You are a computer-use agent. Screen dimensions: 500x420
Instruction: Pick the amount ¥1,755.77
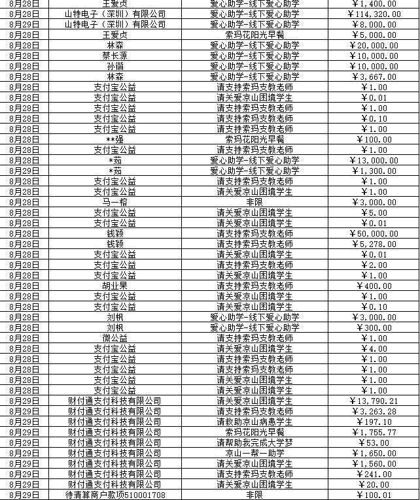coord(374,432)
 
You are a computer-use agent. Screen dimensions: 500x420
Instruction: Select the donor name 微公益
coord(114,338)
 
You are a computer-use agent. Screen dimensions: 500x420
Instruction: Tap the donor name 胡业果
coord(114,286)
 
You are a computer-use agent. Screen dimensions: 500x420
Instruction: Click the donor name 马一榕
coord(114,202)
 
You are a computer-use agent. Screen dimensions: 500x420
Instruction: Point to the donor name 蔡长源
coord(114,56)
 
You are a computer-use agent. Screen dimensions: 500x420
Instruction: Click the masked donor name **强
coord(114,139)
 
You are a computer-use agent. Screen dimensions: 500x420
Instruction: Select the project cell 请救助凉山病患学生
coord(254,422)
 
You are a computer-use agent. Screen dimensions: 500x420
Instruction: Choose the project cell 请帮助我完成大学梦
coord(254,442)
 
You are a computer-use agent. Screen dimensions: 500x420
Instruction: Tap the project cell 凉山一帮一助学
coord(254,453)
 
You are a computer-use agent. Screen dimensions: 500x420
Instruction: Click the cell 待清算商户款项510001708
coord(114,495)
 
